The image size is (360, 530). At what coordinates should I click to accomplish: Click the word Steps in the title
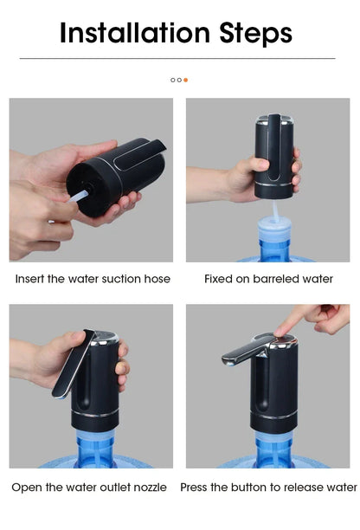click(250, 33)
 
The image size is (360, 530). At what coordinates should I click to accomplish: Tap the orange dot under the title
click(185, 80)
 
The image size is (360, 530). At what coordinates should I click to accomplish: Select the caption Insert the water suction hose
click(93, 279)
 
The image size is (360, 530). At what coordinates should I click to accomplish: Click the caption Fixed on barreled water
click(268, 279)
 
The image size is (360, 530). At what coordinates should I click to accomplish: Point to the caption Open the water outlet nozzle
click(89, 488)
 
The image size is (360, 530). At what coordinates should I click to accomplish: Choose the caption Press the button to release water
click(268, 488)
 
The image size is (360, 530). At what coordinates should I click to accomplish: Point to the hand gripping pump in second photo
click(241, 178)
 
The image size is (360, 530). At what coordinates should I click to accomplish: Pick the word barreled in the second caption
click(271, 279)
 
